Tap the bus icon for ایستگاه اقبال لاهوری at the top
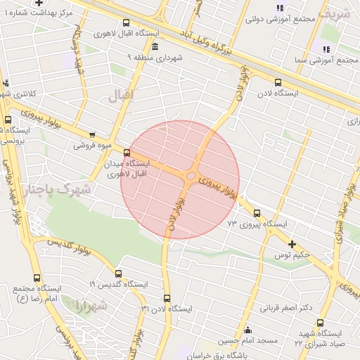coord(126,22)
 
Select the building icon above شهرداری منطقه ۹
coord(155,46)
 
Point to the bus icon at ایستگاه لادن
coord(278,82)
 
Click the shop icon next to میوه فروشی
coord(92,135)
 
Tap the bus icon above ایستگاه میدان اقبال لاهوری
coord(127,153)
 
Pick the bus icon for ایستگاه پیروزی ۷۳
coord(256,213)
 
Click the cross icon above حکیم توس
coord(292,244)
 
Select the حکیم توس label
coord(312,255)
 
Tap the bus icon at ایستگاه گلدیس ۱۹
coord(118,274)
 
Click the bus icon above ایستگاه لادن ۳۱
coord(167,298)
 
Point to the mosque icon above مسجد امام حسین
coord(247,330)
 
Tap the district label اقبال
coord(121,96)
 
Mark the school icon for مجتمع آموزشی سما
coord(326,49)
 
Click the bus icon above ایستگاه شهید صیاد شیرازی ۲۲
coord(320,323)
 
